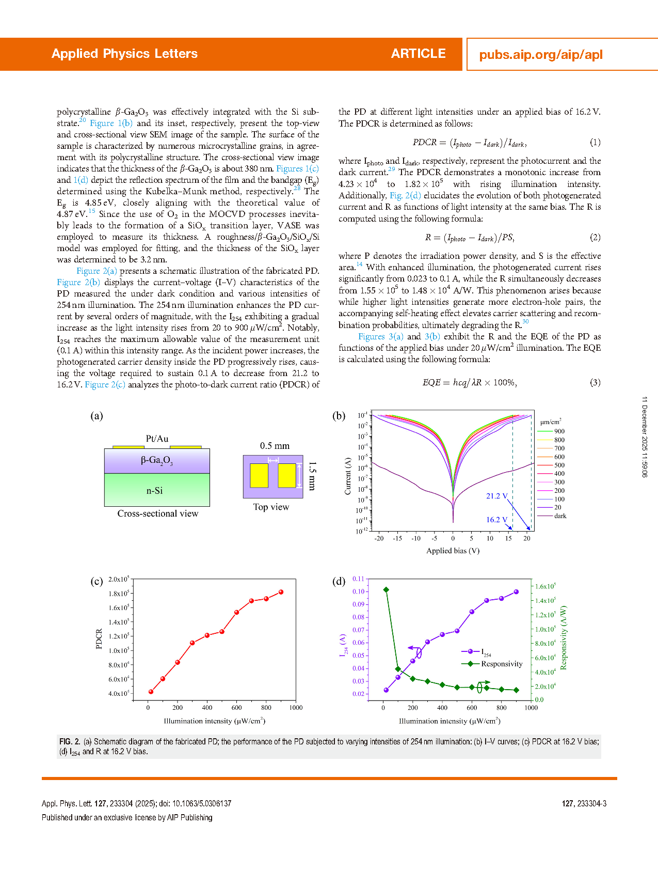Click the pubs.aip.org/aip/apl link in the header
point(541,55)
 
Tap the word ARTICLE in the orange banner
point(418,54)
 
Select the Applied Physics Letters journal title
point(124,54)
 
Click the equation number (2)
point(595,237)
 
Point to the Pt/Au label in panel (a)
point(157,439)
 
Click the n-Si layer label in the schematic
point(154,491)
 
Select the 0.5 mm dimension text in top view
point(275,446)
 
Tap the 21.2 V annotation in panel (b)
point(496,496)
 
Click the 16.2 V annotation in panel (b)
point(496,520)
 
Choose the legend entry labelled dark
point(560,516)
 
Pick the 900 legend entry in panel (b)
point(559,431)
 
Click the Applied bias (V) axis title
point(453,551)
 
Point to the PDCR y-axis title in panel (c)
point(99,639)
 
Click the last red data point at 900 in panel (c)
point(281,592)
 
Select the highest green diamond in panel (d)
point(386,589)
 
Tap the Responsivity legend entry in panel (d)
point(501,664)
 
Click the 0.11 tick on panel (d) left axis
point(358,579)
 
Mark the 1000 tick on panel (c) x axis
point(296,708)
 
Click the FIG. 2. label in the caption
point(70,742)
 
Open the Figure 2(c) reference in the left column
point(105,384)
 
